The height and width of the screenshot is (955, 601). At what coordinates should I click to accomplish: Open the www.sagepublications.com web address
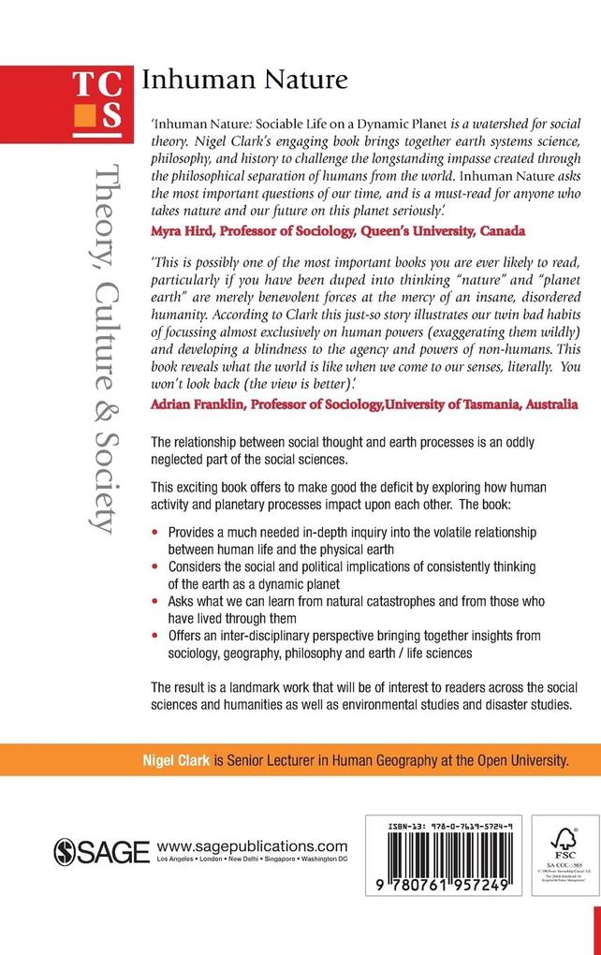pyautogui.click(x=253, y=845)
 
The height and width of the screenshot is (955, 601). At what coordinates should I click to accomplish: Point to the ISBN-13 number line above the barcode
pyautogui.click(x=448, y=827)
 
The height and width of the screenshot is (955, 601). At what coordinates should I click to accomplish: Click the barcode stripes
pyautogui.click(x=448, y=859)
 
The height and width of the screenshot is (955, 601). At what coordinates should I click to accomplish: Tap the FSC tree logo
pyautogui.click(x=560, y=839)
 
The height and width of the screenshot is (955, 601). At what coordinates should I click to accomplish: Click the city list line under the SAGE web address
pyautogui.click(x=256, y=859)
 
